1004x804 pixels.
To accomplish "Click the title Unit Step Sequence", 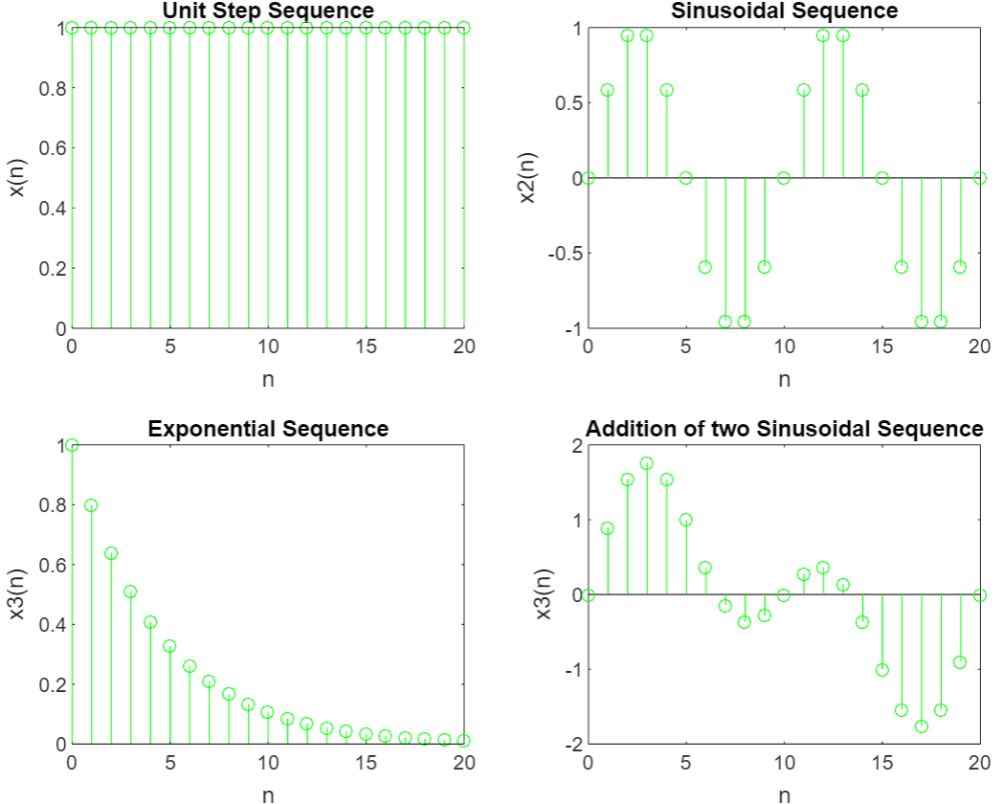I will tap(268, 11).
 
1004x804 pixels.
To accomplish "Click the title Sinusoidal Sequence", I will tap(784, 11).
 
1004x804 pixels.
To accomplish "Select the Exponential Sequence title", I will tap(268, 429).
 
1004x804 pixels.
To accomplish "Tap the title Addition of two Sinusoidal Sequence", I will tap(784, 429).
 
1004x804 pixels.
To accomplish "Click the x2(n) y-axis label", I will tap(528, 178).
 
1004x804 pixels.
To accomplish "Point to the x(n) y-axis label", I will tap(16, 178).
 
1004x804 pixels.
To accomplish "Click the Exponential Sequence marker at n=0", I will tap(72, 445).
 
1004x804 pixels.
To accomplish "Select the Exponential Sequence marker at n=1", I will tap(91, 505).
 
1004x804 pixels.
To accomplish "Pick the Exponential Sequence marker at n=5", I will tap(169, 646).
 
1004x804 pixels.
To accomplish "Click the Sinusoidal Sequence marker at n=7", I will tap(725, 322).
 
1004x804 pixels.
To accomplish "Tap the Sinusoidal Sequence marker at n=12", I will tap(823, 35).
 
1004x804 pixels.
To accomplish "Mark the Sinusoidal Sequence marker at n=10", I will tap(784, 178).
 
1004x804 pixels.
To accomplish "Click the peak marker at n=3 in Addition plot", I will tap(647, 463).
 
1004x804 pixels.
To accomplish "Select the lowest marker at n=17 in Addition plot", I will tap(921, 726).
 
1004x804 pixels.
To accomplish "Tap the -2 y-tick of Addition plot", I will tap(571, 744).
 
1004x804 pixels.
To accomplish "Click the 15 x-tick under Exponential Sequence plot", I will tap(366, 763).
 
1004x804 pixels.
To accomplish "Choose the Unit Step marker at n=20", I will tap(464, 28).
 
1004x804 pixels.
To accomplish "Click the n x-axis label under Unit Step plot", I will tap(268, 379).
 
